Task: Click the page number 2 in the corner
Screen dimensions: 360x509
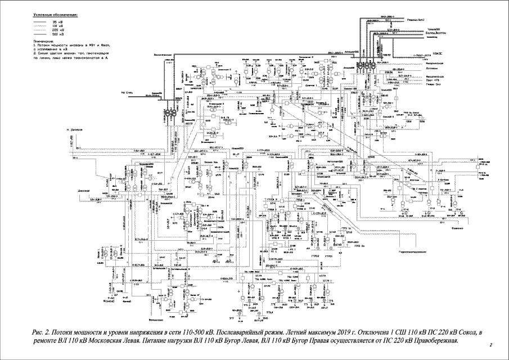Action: click(x=491, y=344)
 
